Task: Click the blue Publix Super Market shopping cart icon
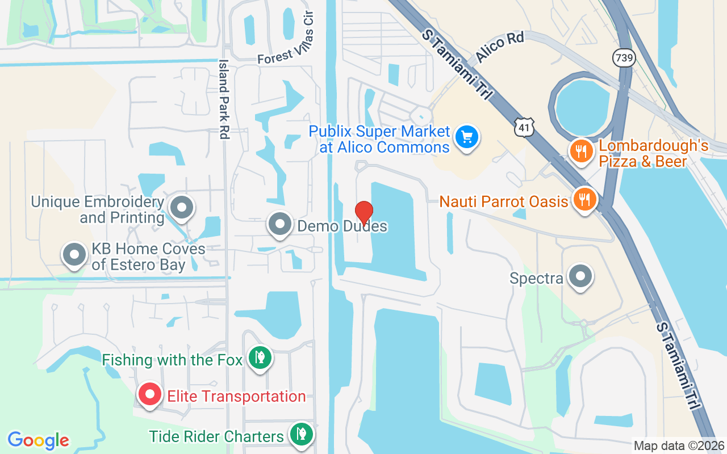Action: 467,137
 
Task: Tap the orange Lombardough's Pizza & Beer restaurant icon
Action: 580,150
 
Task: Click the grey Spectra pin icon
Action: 580,277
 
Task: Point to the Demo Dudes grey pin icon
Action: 279,224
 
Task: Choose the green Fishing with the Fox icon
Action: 260,358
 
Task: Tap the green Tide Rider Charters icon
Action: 300,434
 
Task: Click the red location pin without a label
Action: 363,212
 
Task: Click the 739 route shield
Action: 622,57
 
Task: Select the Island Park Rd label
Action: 224,99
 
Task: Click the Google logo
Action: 39,440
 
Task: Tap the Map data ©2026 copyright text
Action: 679,446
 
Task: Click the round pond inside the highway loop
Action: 582,106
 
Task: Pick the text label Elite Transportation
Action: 236,396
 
